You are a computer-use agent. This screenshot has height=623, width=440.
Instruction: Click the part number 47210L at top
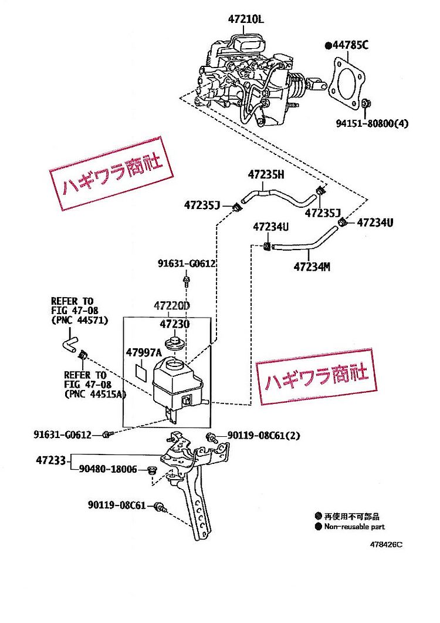point(246,20)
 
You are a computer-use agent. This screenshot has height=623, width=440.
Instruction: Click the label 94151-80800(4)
point(371,124)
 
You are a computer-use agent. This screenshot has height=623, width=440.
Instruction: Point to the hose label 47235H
point(265,174)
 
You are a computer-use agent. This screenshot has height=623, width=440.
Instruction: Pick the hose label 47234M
point(312,267)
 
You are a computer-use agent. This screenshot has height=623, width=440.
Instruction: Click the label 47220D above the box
point(172,306)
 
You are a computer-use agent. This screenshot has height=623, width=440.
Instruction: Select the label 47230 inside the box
point(173,324)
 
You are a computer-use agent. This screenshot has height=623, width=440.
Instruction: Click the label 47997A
point(143,352)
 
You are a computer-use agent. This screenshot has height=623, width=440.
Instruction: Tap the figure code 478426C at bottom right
point(385,544)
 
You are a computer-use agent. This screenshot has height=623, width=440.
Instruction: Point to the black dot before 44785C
point(329,45)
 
